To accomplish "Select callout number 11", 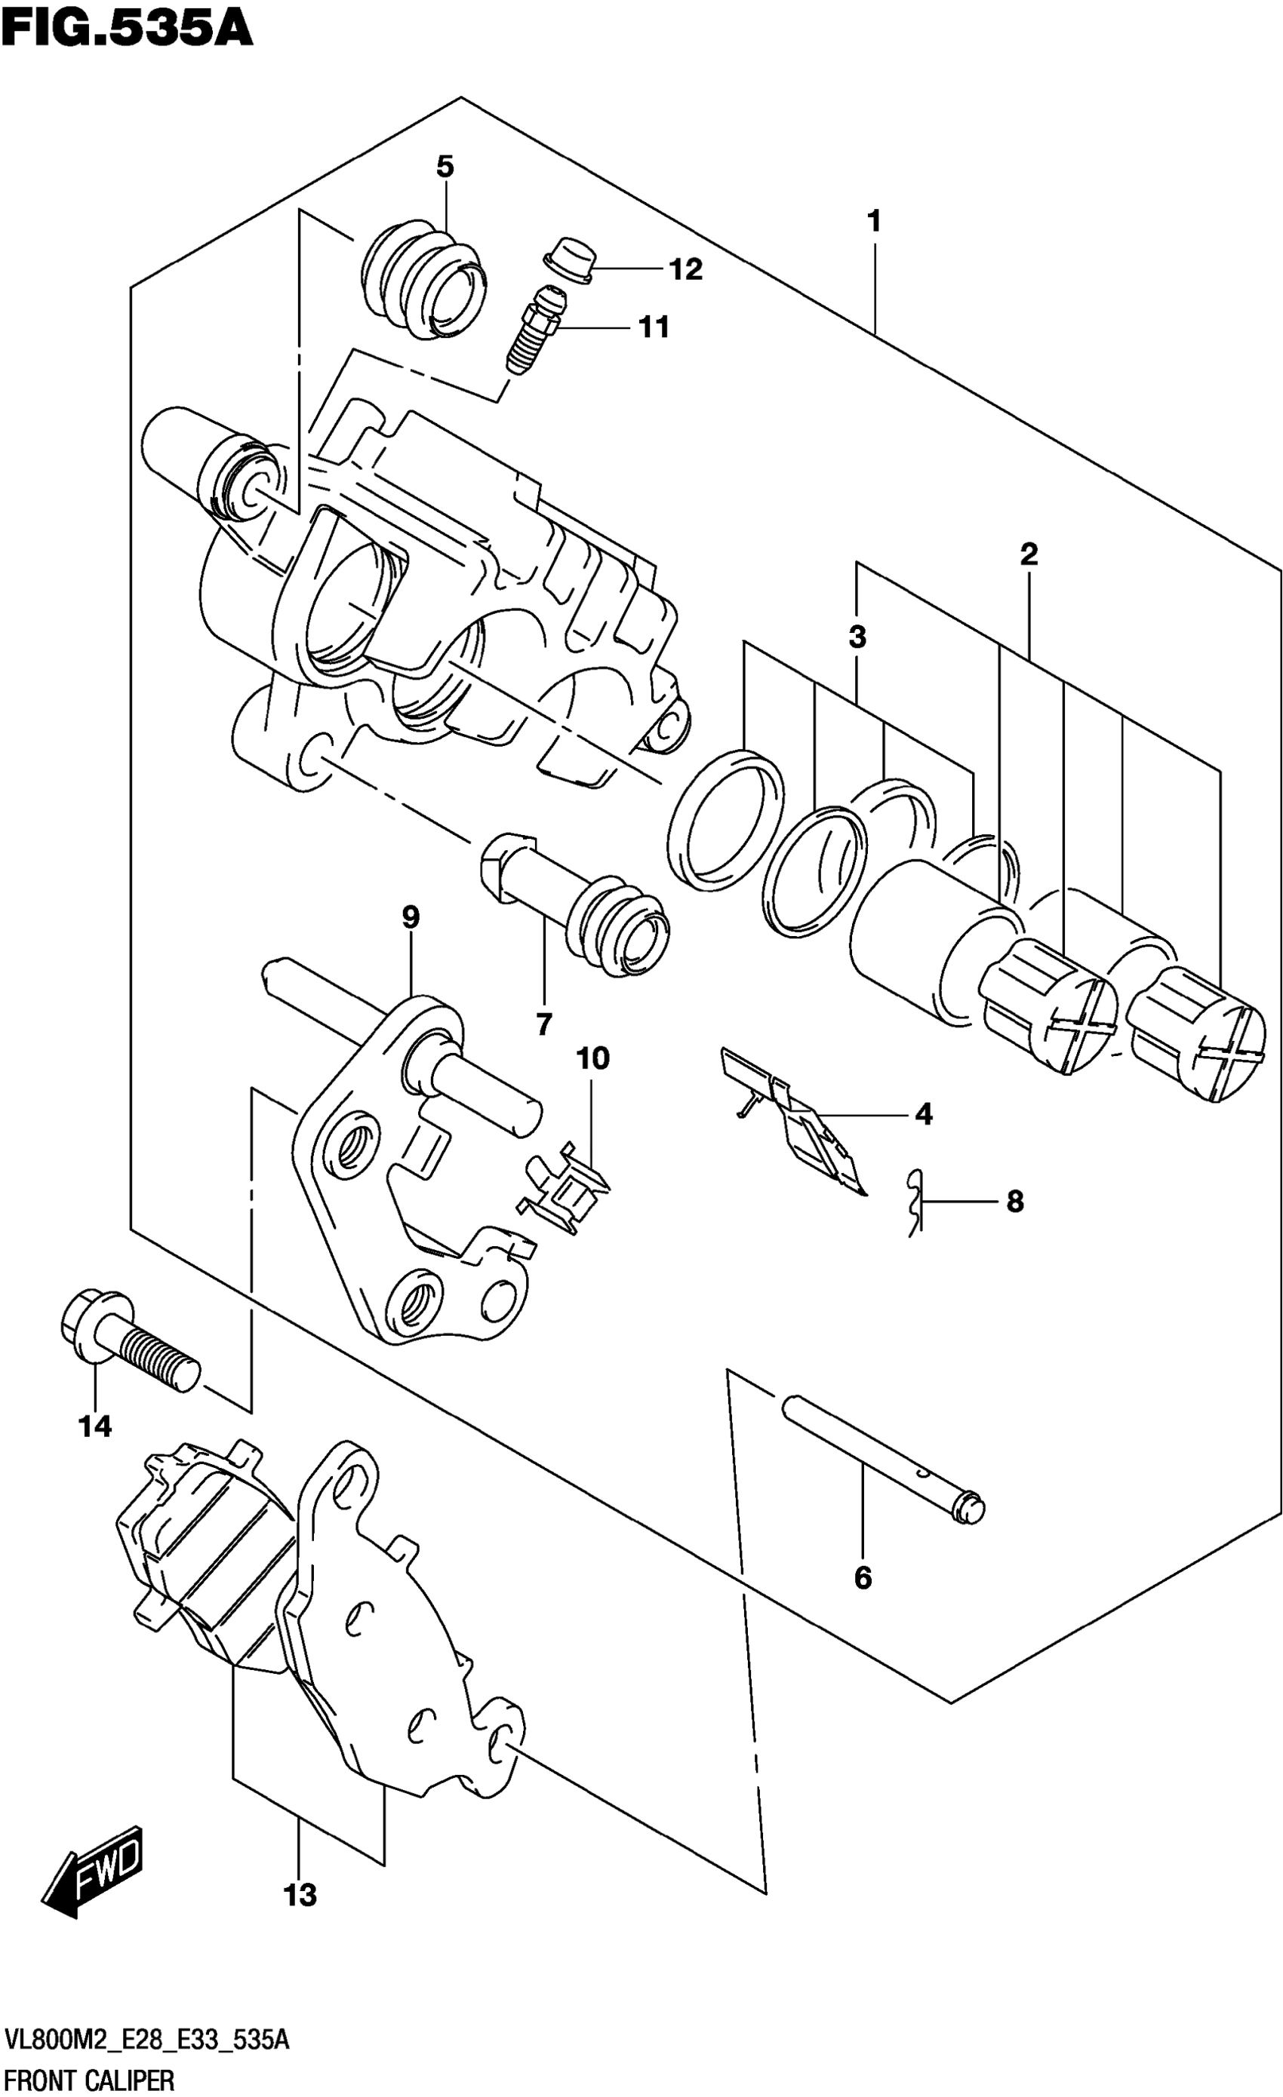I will (654, 327).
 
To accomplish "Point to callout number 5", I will (445, 167).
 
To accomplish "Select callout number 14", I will (95, 1426).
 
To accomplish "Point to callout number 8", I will (1015, 1202).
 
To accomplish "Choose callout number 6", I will (863, 1579).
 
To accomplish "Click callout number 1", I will (873, 221).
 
